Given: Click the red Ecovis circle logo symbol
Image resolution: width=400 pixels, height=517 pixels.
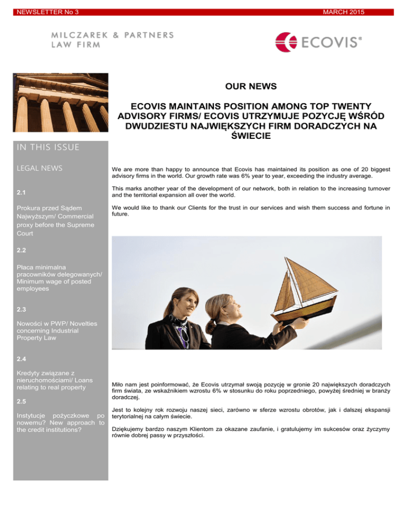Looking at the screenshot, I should tap(286, 43).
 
